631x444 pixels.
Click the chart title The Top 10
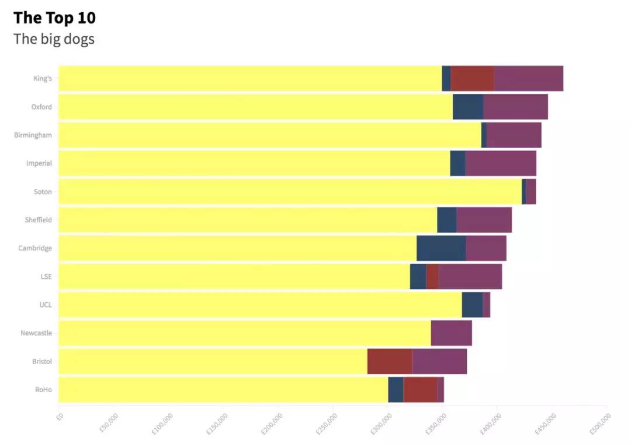54,18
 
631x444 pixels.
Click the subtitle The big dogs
54,40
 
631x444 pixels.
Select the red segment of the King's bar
472,79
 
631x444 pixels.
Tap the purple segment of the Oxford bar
515,107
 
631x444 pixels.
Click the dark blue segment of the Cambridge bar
441,248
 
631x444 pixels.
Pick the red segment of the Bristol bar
390,361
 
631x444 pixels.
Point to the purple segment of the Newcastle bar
451,333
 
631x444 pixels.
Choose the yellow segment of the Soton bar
290,191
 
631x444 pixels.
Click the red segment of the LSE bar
432,277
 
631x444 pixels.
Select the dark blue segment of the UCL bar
472,305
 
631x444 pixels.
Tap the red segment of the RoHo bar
420,390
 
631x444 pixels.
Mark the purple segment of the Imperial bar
501,163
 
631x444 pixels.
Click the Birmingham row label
33,135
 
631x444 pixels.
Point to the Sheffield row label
38,220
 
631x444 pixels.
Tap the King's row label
43,79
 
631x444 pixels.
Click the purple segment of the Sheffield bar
484,220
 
